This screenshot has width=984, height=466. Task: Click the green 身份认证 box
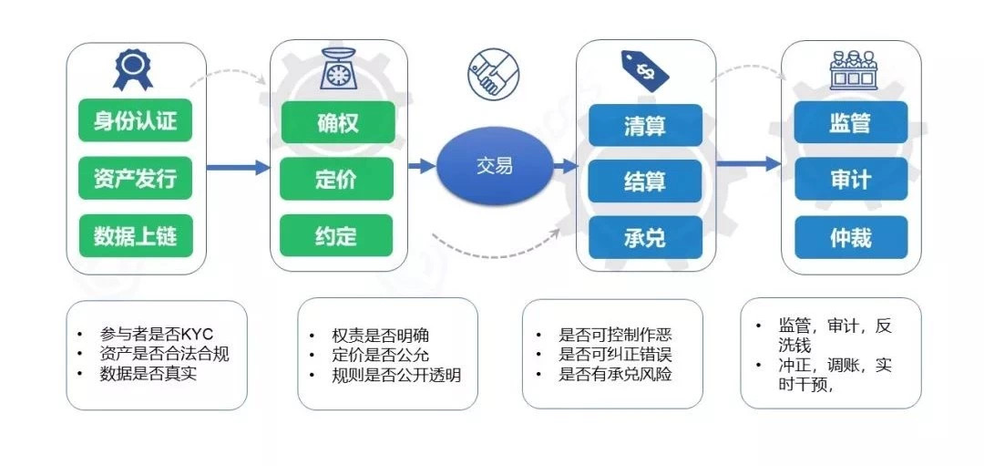click(135, 120)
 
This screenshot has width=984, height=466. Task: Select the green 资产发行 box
click(135, 179)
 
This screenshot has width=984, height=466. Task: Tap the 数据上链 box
click(135, 235)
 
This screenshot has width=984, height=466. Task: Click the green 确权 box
click(338, 122)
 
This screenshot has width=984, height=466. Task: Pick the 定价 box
click(336, 179)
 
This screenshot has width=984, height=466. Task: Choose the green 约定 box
click(336, 235)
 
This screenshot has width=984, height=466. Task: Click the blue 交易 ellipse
click(495, 166)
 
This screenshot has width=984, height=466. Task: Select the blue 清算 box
click(645, 126)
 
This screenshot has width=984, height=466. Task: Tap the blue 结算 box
click(645, 181)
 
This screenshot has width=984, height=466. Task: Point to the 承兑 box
click(645, 237)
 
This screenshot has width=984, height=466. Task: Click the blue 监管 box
click(850, 122)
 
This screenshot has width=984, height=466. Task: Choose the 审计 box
click(850, 179)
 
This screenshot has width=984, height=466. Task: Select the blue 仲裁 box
click(851, 237)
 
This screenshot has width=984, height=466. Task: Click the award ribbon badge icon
click(132, 69)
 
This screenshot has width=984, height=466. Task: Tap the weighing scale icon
click(338, 68)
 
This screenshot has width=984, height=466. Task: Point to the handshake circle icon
click(493, 72)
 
